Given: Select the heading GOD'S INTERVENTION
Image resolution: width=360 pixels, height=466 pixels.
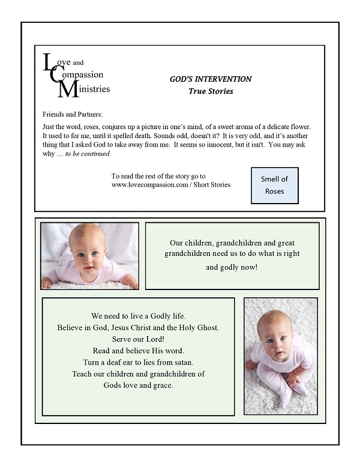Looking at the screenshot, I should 211,79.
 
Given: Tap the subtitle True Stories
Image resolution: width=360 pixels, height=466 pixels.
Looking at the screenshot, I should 211,91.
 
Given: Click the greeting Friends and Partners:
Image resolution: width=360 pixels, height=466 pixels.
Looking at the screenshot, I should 73,114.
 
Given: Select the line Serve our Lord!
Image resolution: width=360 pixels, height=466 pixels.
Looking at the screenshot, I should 138,339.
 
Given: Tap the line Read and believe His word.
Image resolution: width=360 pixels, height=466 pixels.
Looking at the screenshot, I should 138,350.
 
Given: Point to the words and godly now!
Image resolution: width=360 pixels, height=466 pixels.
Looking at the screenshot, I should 232,267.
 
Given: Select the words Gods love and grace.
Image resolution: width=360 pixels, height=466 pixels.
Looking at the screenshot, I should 138,385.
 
